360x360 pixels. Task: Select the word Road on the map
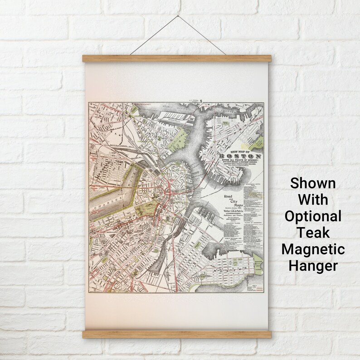click(x=224, y=196)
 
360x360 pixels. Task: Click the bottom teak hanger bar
click(x=176, y=334)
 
